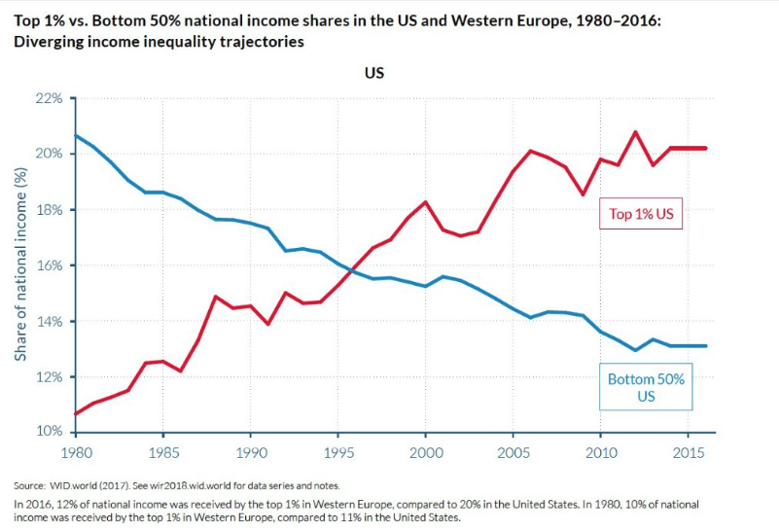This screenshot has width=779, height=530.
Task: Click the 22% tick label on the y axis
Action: [x=50, y=99]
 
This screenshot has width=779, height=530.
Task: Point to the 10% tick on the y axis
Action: [x=50, y=432]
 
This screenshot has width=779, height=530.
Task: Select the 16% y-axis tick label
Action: [x=50, y=265]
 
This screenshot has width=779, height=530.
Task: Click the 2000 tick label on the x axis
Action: [x=425, y=454]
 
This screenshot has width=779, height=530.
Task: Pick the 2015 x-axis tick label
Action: [x=688, y=454]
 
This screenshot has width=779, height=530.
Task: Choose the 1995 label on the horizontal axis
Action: [x=337, y=454]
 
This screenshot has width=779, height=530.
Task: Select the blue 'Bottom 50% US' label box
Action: [x=646, y=387]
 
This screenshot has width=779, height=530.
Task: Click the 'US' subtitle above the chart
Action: [x=374, y=73]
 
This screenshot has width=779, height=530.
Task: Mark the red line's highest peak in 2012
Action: [x=636, y=131]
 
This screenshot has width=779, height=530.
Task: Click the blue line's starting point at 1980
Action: [x=76, y=135]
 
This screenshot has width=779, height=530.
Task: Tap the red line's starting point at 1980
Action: [x=76, y=413]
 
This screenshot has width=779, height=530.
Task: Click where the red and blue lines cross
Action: [x=351, y=268]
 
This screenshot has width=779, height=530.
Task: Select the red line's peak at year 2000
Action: [x=426, y=202]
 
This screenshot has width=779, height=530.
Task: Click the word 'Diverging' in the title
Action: [x=46, y=42]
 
